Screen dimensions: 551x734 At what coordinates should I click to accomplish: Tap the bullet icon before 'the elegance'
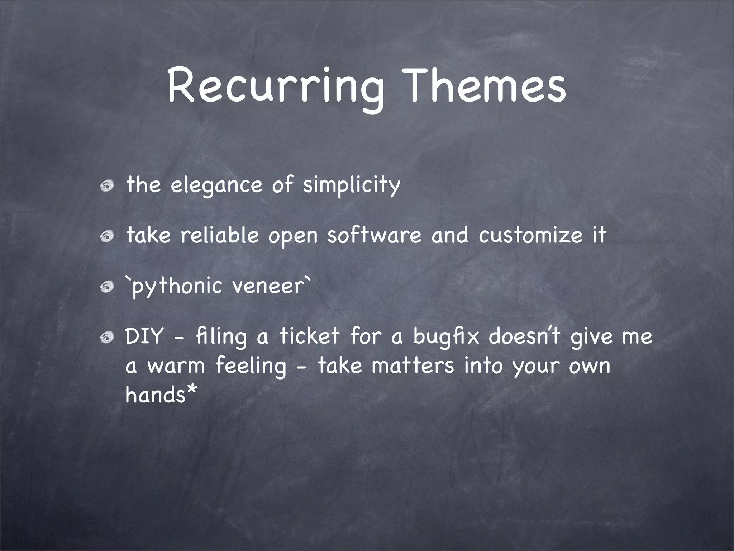(107, 186)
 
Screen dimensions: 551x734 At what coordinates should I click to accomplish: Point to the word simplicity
(351, 186)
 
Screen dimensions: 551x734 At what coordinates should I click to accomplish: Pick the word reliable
(219, 236)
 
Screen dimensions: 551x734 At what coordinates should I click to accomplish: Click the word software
(374, 236)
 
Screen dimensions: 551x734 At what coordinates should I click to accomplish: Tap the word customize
(531, 236)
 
